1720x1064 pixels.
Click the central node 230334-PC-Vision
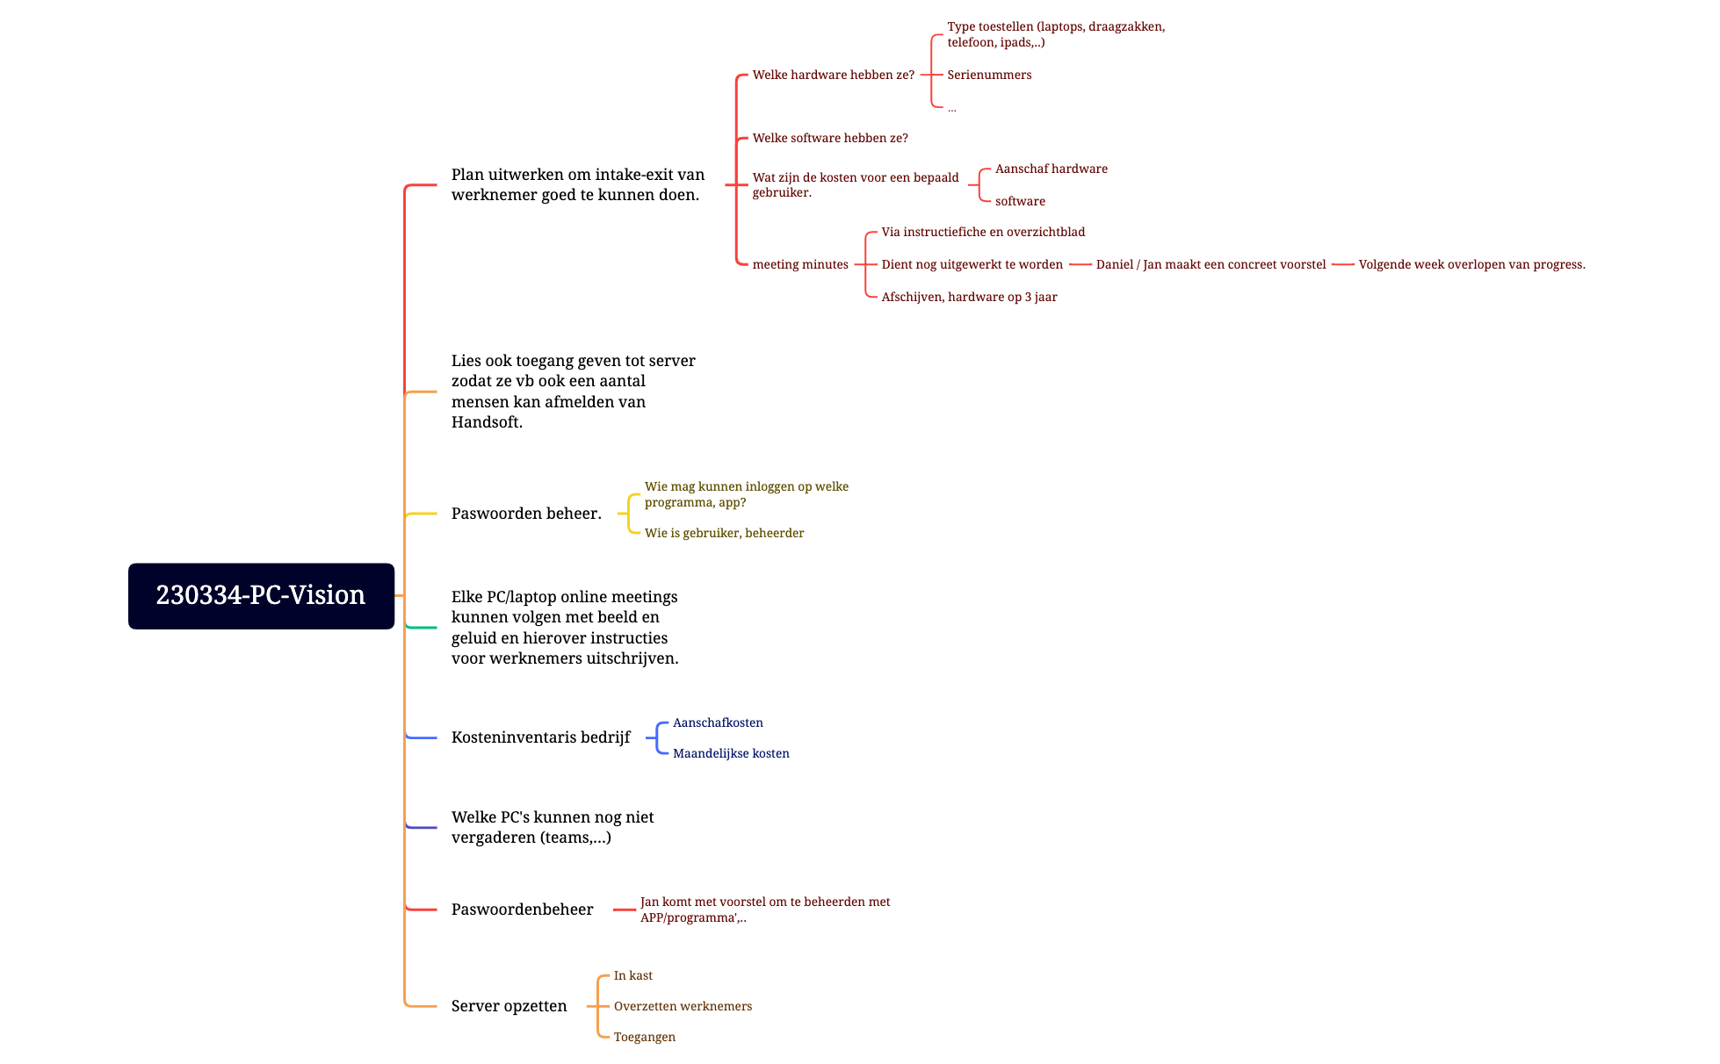261,595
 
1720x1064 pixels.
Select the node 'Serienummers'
989,75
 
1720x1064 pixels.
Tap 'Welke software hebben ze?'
830,138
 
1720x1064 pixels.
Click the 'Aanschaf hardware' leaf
1051,169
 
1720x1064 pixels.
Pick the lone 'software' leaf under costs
1020,201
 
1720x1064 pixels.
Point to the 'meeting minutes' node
800,264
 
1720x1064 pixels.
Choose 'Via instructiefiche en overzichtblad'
983,232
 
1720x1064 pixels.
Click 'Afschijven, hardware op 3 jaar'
969,297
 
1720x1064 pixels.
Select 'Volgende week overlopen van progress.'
1471,264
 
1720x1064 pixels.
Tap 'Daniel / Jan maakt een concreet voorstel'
1211,264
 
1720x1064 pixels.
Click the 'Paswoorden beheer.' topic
526,514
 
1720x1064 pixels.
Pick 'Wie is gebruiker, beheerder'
724,533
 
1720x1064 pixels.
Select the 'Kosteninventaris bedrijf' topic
540,737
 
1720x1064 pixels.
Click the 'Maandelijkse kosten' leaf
731,753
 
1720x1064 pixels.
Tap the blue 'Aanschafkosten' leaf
718,723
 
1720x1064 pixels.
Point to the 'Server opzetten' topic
509,1006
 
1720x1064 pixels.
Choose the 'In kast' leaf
632,975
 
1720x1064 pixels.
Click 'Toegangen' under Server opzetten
644,1037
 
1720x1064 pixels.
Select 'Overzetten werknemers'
683,1006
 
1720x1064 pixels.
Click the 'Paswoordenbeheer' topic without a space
522,909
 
